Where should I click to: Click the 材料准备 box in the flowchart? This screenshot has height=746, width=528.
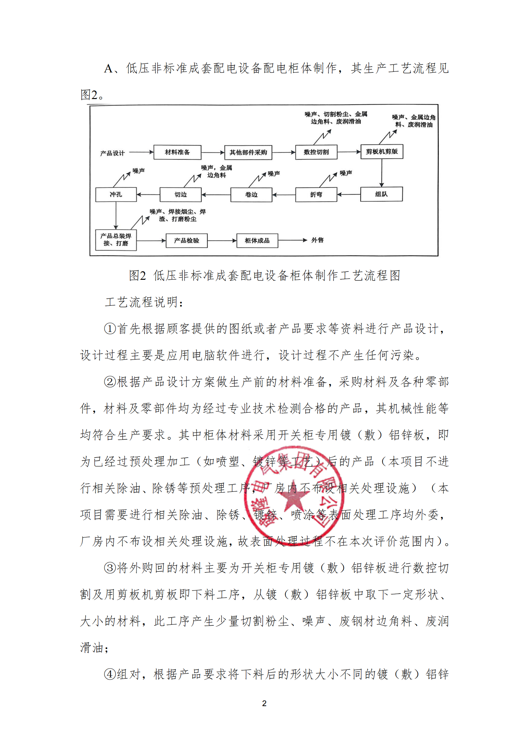pos(177,152)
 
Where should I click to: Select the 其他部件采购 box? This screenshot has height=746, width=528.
pos(248,153)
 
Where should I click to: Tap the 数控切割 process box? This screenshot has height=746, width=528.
pos(316,152)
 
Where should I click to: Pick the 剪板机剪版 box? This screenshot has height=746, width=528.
pos(382,152)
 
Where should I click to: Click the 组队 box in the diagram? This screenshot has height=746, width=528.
pos(381,194)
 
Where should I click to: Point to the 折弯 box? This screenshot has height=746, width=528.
pos(316,195)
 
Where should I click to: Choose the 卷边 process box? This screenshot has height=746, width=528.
pos(251,195)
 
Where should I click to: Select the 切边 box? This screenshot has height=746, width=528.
pos(181,195)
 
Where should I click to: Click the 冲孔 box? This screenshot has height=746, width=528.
pos(116,195)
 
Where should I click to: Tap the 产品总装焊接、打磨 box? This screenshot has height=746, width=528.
pos(116,240)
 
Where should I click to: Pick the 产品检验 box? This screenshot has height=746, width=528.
pos(186,241)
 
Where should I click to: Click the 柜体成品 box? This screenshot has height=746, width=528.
pos(257,241)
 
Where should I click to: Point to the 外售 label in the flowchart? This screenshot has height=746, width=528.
pos(317,240)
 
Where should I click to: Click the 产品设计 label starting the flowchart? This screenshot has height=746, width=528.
pos(112,153)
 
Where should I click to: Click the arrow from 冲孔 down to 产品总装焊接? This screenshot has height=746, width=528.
pos(116,215)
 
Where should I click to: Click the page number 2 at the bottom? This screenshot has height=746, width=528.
pos(264,703)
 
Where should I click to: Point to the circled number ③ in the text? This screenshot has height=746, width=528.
pos(110,568)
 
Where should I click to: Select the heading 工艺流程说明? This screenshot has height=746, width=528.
pos(144,302)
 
